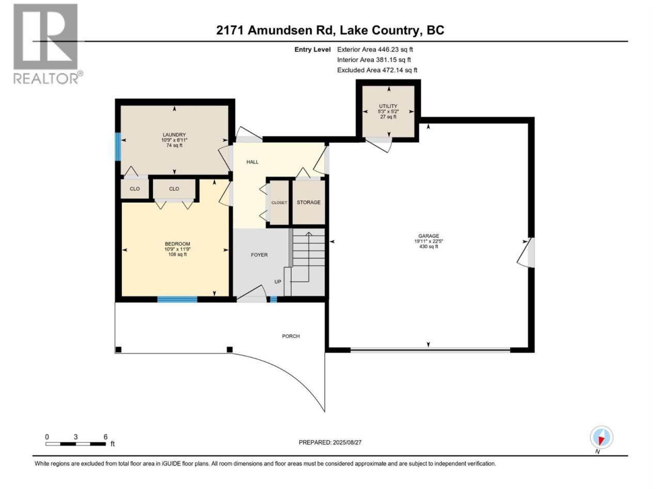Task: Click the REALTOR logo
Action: click(x=48, y=44)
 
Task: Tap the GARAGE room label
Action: click(x=428, y=236)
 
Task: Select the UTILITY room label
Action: click(x=388, y=106)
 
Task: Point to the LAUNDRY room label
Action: click(x=174, y=135)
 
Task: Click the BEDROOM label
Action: click(x=177, y=244)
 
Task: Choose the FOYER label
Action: click(x=259, y=255)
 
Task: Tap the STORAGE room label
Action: click(x=308, y=203)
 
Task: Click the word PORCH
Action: click(x=291, y=336)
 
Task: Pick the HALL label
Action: click(x=253, y=162)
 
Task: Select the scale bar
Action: click(x=75, y=444)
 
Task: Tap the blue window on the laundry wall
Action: click(x=118, y=147)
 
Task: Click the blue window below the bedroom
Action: click(x=177, y=299)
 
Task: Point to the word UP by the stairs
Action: click(x=278, y=282)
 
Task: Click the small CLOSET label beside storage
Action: click(x=279, y=203)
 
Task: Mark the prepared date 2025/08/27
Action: click(x=347, y=442)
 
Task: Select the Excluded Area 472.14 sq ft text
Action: click(x=377, y=70)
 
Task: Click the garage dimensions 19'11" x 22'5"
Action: click(x=429, y=241)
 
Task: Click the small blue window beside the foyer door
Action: click(x=273, y=299)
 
